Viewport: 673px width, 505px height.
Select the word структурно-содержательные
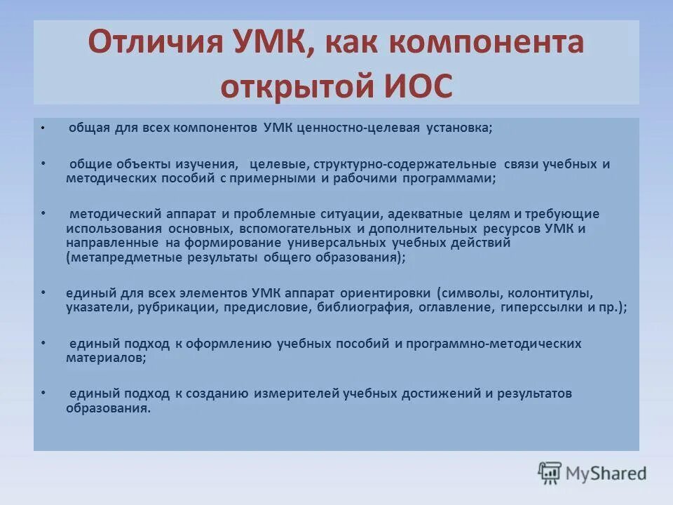(406, 164)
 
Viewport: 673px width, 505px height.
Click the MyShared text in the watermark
(606, 473)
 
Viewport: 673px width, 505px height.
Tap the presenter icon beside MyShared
(550, 473)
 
